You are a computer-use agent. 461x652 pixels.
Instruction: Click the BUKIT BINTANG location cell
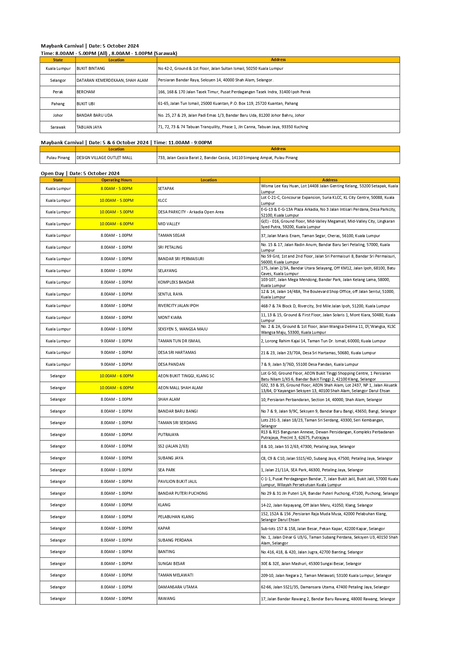click(x=91, y=68)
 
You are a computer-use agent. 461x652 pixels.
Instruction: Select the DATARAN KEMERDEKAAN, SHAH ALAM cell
click(x=112, y=80)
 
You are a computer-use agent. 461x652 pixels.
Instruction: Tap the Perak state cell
click(x=58, y=92)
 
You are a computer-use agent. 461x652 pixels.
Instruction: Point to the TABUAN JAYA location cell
click(x=89, y=127)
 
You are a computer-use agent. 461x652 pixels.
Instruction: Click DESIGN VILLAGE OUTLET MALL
click(x=104, y=158)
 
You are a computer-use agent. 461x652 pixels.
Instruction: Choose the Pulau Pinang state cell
click(x=58, y=158)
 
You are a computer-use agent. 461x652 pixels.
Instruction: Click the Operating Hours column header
click(x=116, y=180)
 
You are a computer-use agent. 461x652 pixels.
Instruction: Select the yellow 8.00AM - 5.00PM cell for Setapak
click(x=116, y=188)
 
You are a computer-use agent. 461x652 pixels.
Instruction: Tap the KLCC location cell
click(x=162, y=200)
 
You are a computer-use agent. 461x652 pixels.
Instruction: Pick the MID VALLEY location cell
click(x=169, y=224)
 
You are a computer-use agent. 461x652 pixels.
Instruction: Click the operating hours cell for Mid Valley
click(x=116, y=224)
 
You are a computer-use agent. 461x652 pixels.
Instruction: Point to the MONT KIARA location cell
click(x=170, y=317)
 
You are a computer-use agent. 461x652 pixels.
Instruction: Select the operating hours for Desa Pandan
click(x=116, y=364)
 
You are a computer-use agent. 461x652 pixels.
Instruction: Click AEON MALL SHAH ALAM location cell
click(x=180, y=388)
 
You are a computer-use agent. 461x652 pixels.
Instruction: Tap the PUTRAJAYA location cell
click(x=168, y=435)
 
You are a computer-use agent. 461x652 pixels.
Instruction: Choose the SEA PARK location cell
click(x=167, y=470)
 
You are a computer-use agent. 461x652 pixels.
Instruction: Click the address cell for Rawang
click(x=329, y=599)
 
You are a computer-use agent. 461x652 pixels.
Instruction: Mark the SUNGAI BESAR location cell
click(x=171, y=564)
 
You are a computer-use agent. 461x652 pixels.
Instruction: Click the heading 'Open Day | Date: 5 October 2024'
click(x=80, y=173)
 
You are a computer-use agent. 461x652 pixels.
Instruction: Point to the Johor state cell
click(x=58, y=115)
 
